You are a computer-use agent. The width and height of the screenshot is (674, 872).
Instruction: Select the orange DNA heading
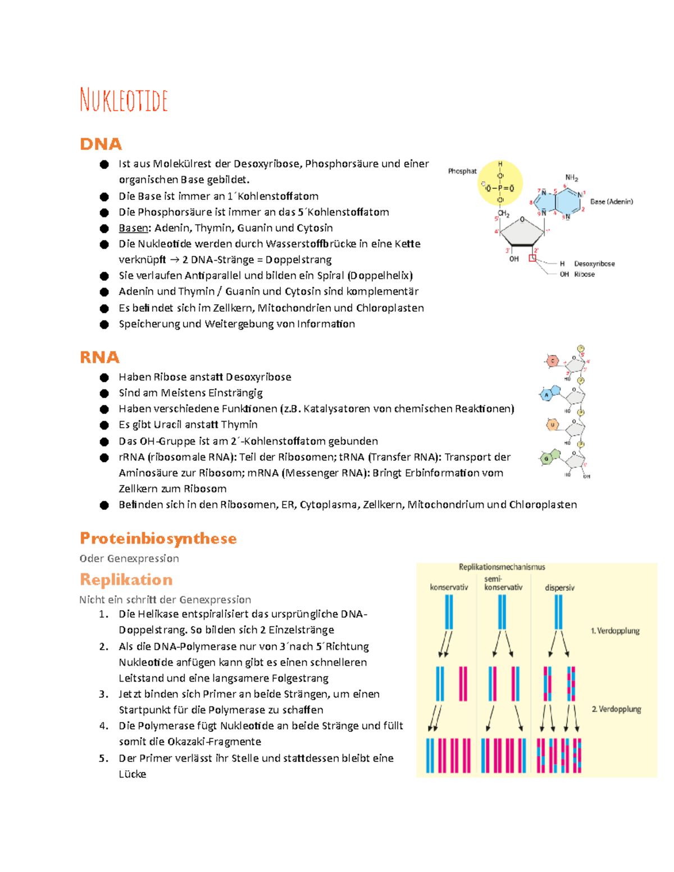click(x=101, y=144)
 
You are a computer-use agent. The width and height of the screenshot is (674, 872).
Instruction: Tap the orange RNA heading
click(x=99, y=357)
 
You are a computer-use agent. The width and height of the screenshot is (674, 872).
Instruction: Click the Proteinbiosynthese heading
click(x=158, y=538)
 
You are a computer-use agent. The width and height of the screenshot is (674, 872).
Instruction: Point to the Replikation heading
click(x=126, y=579)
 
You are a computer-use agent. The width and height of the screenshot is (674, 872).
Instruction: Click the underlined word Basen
click(x=133, y=228)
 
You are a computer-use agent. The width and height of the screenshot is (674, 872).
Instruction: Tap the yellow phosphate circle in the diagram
click(x=500, y=183)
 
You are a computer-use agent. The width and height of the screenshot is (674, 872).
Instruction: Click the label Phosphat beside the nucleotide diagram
click(x=462, y=171)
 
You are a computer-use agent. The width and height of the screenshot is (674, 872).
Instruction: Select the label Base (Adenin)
click(x=611, y=202)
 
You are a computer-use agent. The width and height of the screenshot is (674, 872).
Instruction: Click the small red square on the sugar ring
click(x=532, y=258)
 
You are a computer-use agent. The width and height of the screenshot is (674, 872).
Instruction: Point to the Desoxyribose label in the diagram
click(x=594, y=263)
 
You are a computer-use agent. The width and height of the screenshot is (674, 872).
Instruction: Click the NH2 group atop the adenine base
click(x=571, y=178)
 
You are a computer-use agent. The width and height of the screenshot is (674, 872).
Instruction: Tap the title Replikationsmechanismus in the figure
click(x=502, y=567)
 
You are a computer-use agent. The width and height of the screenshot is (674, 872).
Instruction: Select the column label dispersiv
click(x=559, y=588)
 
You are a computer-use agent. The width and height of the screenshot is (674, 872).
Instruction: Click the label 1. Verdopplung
click(x=615, y=631)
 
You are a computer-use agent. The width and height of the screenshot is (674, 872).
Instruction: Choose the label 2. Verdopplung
click(x=616, y=709)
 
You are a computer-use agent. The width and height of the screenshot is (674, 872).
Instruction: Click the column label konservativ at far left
click(x=449, y=587)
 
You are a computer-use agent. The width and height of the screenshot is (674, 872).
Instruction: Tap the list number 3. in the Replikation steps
click(x=103, y=694)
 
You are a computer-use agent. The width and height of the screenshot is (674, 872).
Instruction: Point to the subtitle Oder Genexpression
click(x=129, y=559)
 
